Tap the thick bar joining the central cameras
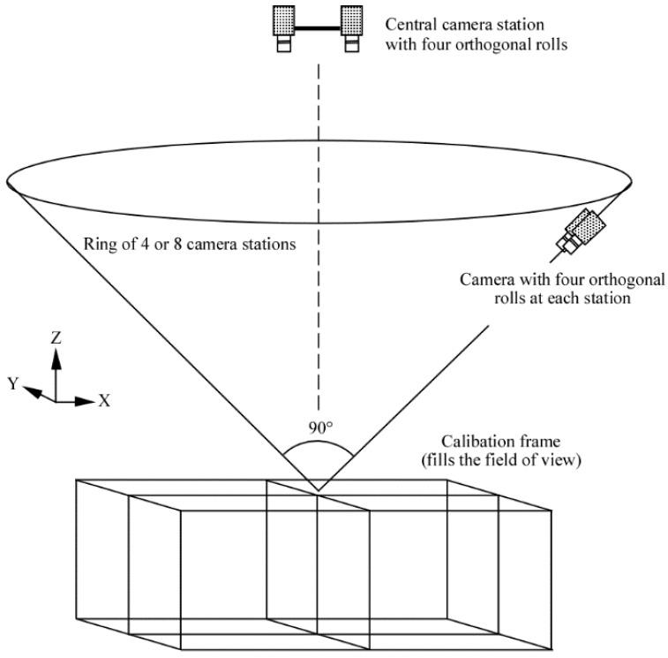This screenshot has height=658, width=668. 318,28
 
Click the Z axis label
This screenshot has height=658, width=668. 56,337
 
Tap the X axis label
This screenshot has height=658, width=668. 104,400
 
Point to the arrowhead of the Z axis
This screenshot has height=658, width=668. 56,355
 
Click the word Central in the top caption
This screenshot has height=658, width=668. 410,23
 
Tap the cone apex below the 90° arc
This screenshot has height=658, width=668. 319,489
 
